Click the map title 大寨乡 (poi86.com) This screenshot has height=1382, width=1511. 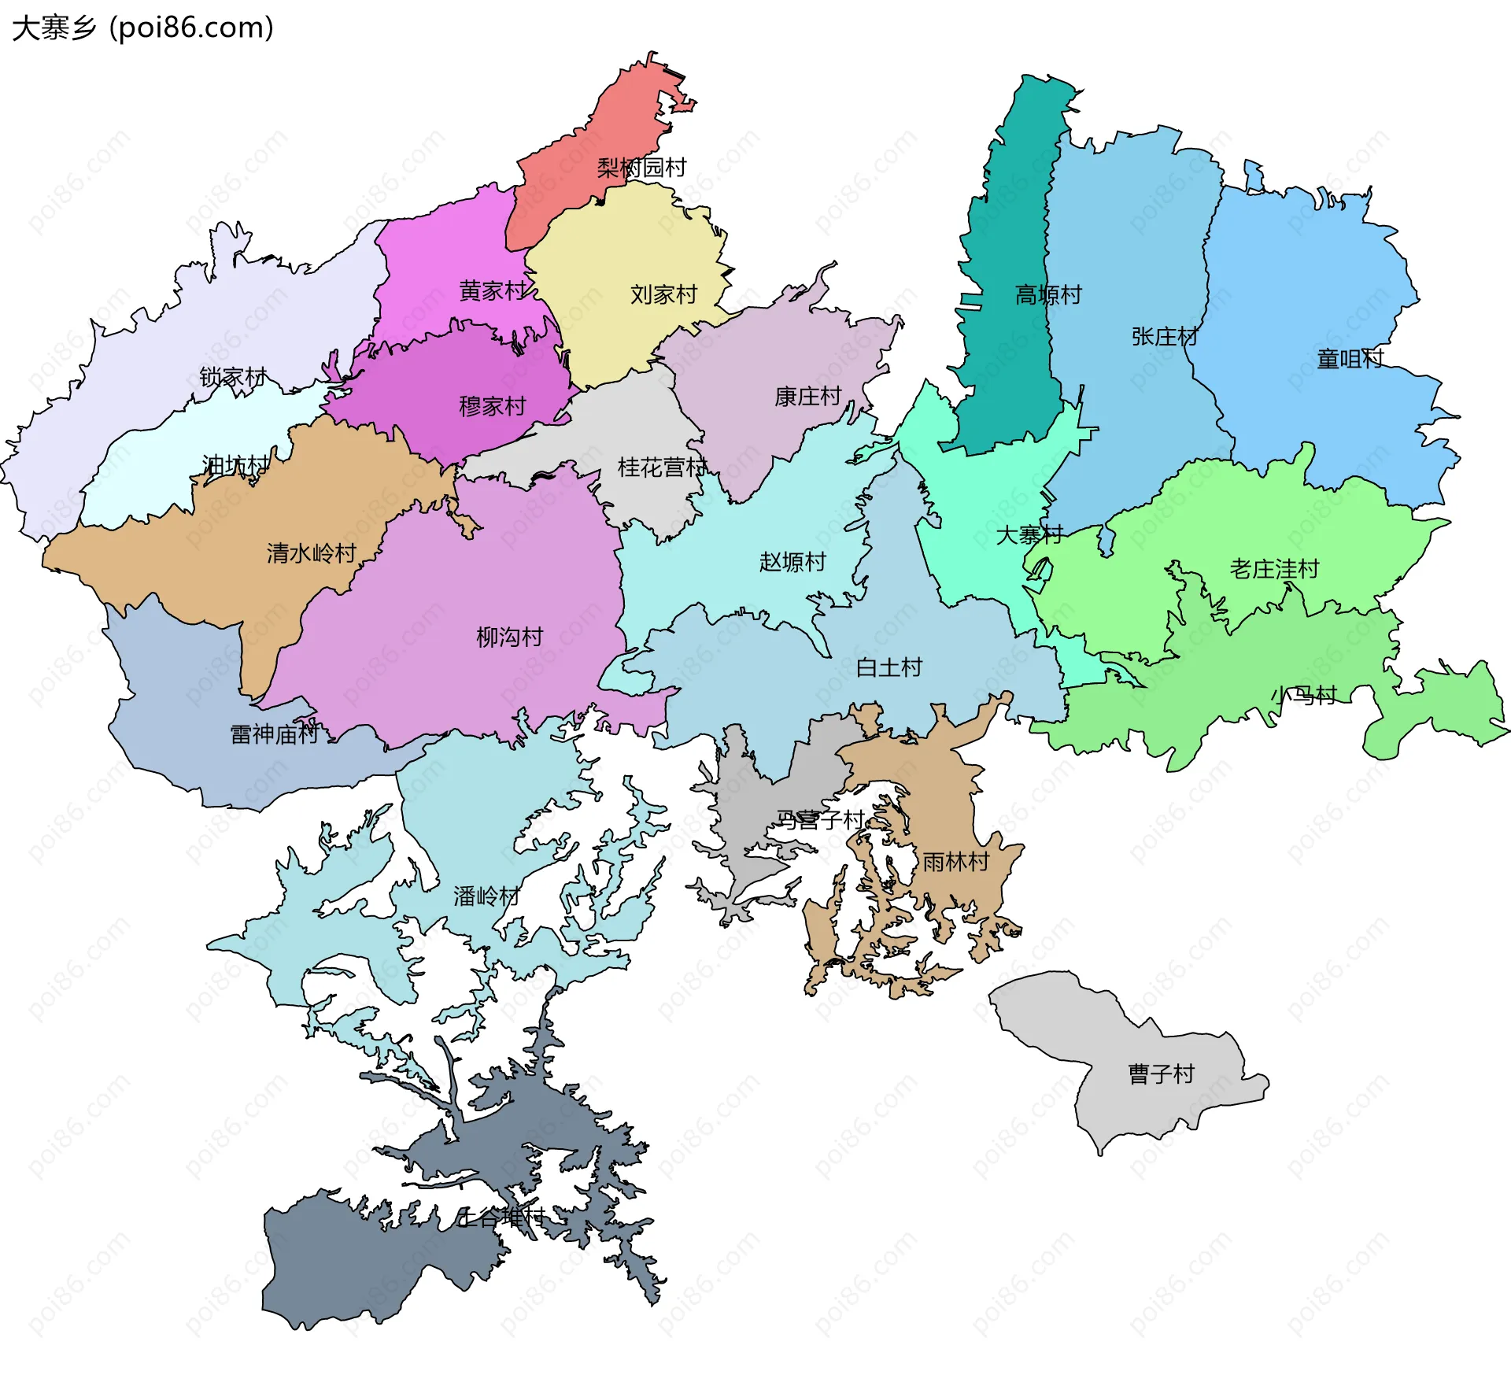coord(142,28)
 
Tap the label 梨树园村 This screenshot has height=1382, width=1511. coord(641,167)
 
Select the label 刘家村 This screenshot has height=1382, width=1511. coord(663,294)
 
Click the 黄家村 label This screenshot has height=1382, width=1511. coord(493,290)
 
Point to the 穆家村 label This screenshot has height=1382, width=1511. coord(493,406)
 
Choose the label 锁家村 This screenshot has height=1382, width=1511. coord(233,377)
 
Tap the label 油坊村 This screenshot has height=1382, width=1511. coord(235,464)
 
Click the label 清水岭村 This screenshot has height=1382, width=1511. coord(312,552)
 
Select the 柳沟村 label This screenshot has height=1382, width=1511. coord(510,636)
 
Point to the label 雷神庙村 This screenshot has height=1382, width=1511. coord(274,733)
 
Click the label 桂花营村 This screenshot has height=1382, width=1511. coord(662,467)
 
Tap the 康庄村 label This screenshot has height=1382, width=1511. coord(808,396)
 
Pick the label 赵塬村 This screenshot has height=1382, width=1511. coord(792,561)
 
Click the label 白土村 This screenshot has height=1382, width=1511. coord(889,667)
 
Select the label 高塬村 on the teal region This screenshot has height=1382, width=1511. coord(1048,294)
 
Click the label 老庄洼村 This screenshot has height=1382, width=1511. coord(1274,568)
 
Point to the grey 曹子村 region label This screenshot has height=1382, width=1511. coord(1161,1073)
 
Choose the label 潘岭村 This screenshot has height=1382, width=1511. coord(486,896)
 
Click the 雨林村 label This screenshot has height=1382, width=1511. coord(955,861)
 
